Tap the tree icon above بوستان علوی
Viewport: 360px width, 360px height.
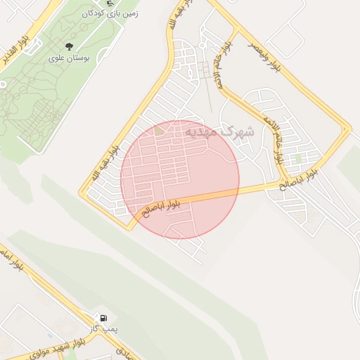[68, 46]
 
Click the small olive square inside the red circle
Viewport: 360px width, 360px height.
[160, 131]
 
